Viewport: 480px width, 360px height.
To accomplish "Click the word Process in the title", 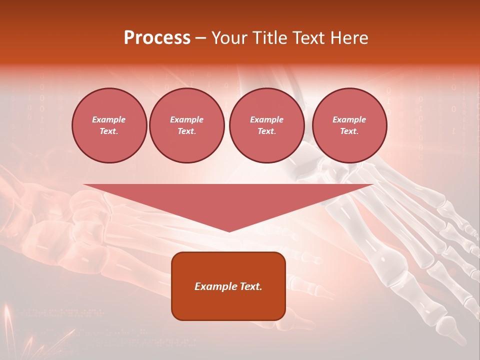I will [x=157, y=38].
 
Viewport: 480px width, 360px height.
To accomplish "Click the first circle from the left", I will [x=109, y=125].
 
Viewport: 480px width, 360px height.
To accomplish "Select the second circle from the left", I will [x=186, y=125].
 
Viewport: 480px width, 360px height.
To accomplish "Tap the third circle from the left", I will [x=266, y=125].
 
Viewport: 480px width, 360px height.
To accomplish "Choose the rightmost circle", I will [x=349, y=125].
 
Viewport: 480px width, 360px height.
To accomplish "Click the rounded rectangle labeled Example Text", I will [x=228, y=286].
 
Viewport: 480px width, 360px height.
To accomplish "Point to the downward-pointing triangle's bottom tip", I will [x=229, y=231].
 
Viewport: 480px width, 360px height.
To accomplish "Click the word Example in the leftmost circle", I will [x=109, y=119].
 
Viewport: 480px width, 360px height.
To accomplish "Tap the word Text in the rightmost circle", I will [x=348, y=131].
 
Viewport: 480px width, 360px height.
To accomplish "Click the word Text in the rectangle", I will [x=251, y=286].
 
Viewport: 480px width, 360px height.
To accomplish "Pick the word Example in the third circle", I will [x=266, y=119].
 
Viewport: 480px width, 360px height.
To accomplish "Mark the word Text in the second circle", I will [x=186, y=131].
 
